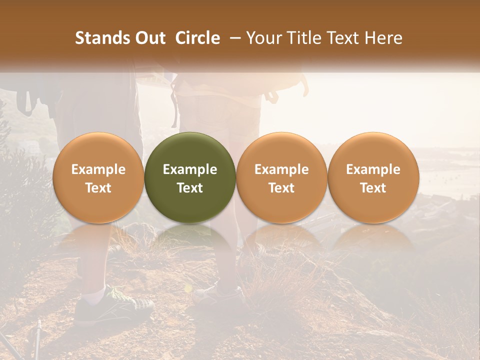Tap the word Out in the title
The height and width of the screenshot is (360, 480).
point(150,38)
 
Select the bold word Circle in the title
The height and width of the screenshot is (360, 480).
point(197,38)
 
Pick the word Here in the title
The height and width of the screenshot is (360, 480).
point(383,38)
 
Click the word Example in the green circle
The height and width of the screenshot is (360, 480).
point(190,169)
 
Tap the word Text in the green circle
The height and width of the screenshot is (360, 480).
point(190,188)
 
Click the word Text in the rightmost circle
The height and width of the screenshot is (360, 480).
point(373,188)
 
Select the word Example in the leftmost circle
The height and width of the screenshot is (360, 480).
point(98,169)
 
